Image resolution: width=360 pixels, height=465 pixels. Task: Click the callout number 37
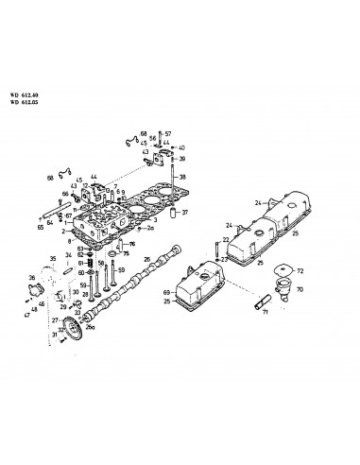pos(185,213)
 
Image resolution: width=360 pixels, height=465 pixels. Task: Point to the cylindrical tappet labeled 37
pos(174,213)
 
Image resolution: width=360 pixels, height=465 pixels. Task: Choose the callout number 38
pos(183,177)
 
